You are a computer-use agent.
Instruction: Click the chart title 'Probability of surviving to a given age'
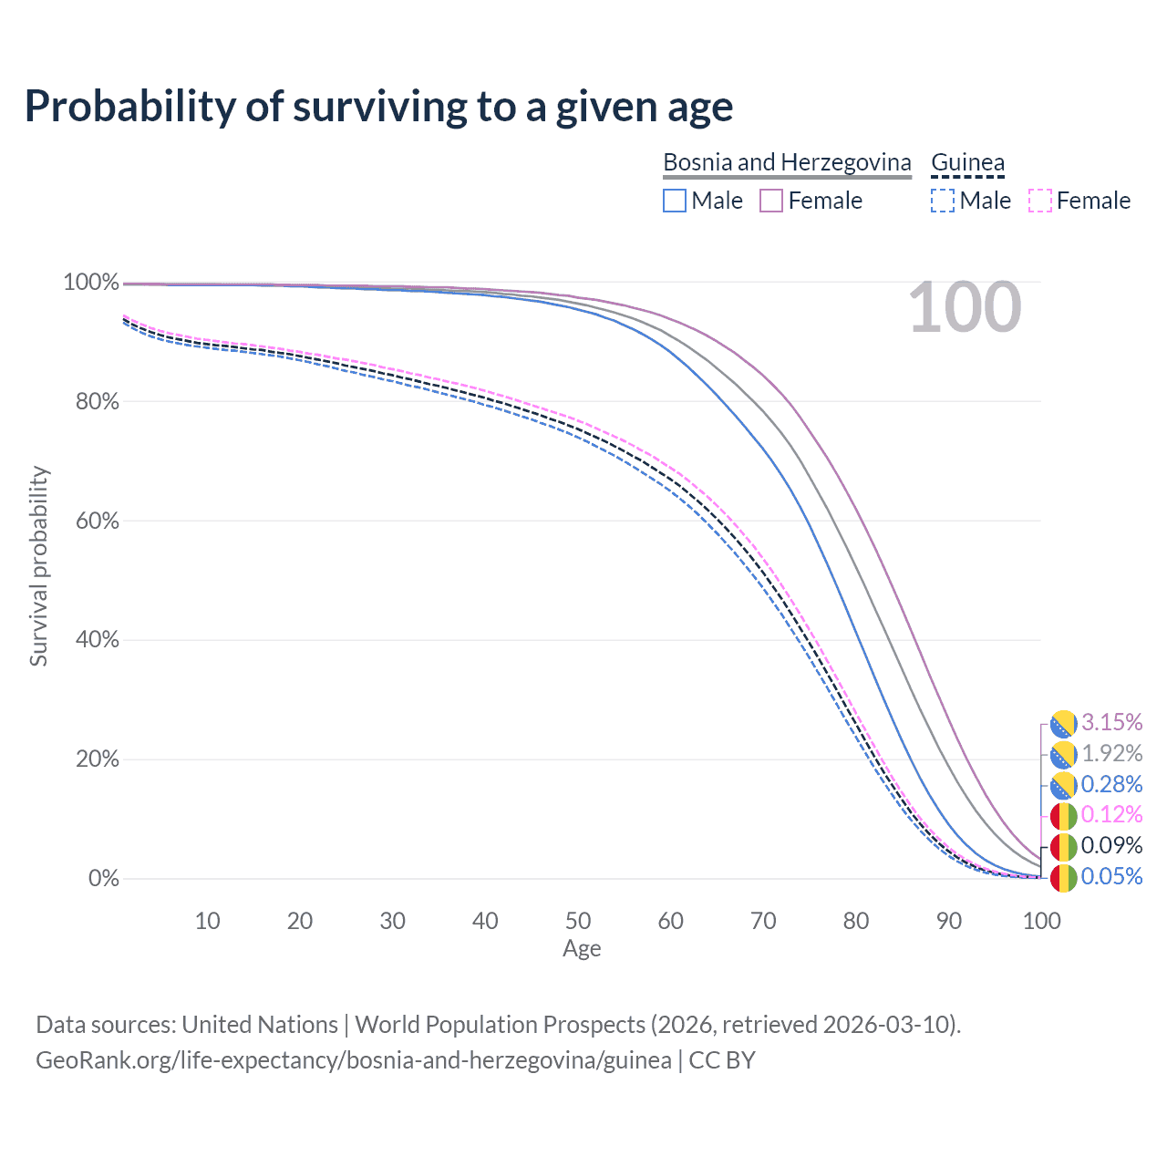378,107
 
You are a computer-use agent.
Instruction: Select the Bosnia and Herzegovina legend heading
787,162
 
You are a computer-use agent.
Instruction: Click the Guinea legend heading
967,162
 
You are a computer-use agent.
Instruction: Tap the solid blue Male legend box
675,201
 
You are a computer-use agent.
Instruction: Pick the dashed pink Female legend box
1039,201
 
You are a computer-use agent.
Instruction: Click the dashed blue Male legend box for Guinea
943,201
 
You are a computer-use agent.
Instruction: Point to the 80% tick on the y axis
98,401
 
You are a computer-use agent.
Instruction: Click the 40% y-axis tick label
98,640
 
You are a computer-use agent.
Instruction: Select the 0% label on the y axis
104,879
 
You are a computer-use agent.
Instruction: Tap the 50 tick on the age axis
578,921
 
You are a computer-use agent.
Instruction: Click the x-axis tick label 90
949,921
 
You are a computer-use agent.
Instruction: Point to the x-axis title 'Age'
582,949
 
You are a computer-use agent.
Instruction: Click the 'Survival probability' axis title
38,566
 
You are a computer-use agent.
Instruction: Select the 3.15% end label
1111,722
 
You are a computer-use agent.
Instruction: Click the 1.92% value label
1111,754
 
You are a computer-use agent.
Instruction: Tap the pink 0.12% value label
1111,814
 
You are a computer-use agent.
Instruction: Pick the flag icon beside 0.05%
1063,878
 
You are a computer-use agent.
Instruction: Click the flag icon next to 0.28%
1063,785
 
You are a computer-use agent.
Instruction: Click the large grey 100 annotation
965,307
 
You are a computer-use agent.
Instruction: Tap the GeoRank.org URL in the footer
353,1060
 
